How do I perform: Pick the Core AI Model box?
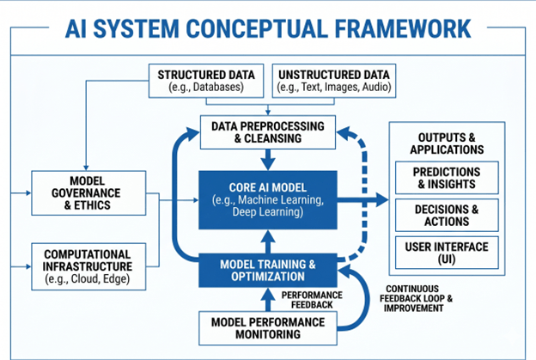click(x=267, y=199)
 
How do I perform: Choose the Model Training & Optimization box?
click(x=267, y=271)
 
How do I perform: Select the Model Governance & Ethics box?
click(x=87, y=191)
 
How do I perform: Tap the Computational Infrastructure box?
click(x=87, y=266)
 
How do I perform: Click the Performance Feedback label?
click(x=317, y=299)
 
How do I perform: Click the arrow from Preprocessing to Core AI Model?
click(x=268, y=160)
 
